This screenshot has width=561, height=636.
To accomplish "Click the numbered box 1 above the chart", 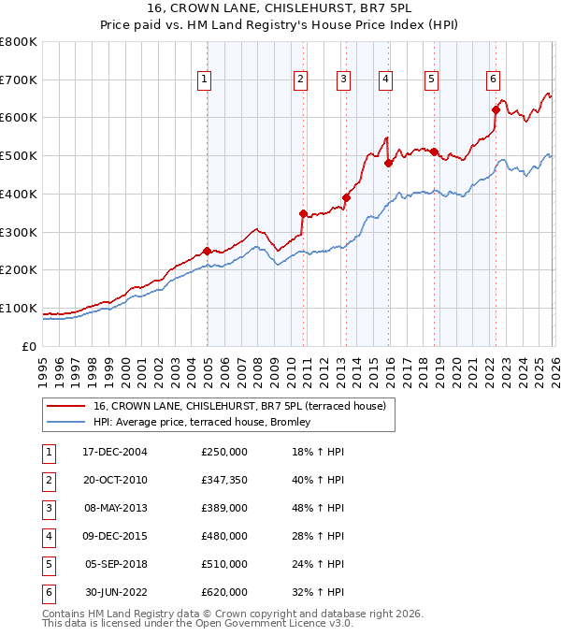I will [204, 80].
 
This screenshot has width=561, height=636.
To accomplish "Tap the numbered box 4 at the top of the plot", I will [385, 80].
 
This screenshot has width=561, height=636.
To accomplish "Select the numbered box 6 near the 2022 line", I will [493, 80].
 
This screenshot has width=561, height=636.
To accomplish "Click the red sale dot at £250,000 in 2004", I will [207, 251].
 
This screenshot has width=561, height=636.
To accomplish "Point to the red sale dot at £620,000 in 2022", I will [496, 109].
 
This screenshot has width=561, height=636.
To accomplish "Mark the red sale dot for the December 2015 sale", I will [387, 163].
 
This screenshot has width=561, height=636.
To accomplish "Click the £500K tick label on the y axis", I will [18, 156].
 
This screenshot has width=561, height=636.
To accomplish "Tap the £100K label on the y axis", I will [18, 308].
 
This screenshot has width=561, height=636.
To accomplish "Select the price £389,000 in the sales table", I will [224, 508].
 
